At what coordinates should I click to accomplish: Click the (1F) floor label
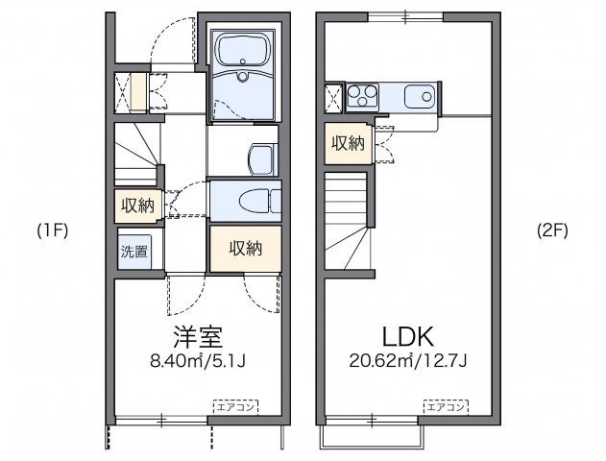(x=53, y=230)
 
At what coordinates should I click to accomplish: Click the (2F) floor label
(x=552, y=230)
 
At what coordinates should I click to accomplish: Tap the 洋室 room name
(x=198, y=336)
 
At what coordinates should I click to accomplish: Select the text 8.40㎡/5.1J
(x=198, y=361)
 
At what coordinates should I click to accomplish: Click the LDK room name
(x=408, y=336)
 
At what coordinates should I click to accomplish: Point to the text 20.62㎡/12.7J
(x=408, y=361)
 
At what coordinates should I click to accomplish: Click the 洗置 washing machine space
(x=134, y=252)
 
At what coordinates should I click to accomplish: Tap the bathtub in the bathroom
(x=243, y=50)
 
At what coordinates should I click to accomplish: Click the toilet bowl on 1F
(x=255, y=201)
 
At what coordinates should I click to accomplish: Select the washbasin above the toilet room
(x=263, y=159)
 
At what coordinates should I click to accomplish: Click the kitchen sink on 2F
(x=420, y=96)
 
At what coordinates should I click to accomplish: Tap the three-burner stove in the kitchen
(x=362, y=95)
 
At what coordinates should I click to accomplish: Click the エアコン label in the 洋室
(x=235, y=407)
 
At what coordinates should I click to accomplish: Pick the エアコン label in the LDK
(x=446, y=407)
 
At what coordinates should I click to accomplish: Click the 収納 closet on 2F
(x=349, y=143)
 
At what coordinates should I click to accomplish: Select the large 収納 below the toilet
(x=246, y=249)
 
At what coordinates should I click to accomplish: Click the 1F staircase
(x=137, y=154)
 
